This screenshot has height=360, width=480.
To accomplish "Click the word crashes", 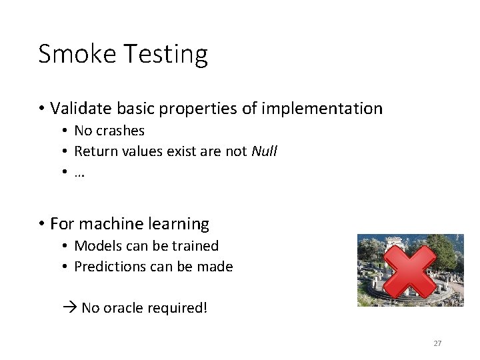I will click(120, 131).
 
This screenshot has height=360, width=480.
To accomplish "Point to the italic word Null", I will click(264, 151).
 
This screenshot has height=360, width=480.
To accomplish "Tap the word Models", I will click(96, 246).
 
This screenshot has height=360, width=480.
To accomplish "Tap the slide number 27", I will click(437, 343).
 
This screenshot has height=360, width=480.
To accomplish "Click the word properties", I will click(213, 108).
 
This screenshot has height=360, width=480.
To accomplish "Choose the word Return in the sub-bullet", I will click(94, 151).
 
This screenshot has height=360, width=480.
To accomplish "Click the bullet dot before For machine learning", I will click(41, 224).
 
